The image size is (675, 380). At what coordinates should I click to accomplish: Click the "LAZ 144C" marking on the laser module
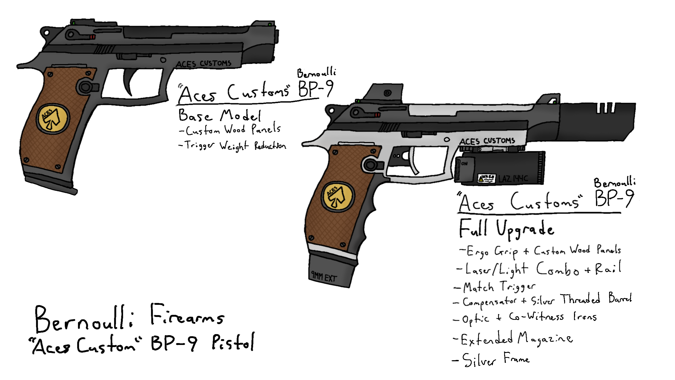(x=513, y=179)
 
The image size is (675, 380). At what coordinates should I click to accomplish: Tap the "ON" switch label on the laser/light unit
(x=464, y=164)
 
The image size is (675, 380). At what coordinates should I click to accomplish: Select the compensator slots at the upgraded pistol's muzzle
(x=606, y=108)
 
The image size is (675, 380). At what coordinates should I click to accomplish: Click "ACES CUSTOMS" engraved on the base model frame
(x=203, y=64)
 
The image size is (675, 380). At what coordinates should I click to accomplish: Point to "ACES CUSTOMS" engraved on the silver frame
(x=487, y=141)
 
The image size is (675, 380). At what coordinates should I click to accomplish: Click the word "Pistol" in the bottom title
(x=233, y=342)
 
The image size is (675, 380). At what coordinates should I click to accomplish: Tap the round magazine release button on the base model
(x=85, y=86)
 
